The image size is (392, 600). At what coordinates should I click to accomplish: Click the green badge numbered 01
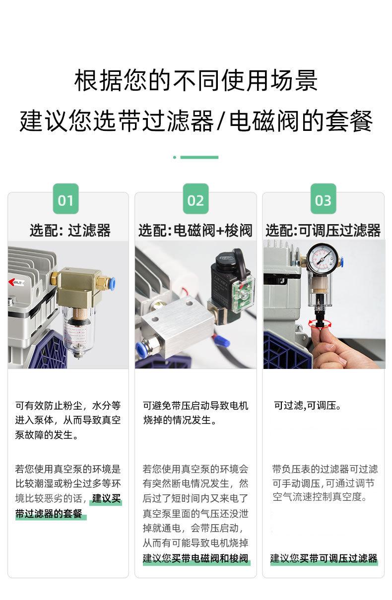(x=65, y=199)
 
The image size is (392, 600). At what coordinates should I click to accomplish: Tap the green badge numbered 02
(x=196, y=199)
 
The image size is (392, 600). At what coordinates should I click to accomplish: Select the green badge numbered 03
(x=323, y=199)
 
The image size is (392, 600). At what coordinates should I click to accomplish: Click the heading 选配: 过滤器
(x=70, y=231)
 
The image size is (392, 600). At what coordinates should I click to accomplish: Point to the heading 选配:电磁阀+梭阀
(x=196, y=231)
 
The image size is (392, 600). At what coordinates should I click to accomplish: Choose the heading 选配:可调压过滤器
(x=323, y=231)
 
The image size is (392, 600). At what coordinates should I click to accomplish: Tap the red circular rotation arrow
(x=320, y=323)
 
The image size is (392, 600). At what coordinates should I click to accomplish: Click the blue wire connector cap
(x=222, y=341)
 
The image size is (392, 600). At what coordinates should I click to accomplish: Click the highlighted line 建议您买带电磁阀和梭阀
(x=196, y=558)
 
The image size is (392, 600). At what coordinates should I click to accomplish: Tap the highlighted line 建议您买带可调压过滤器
(x=324, y=558)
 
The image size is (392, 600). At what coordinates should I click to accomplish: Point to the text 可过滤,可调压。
(x=308, y=406)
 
